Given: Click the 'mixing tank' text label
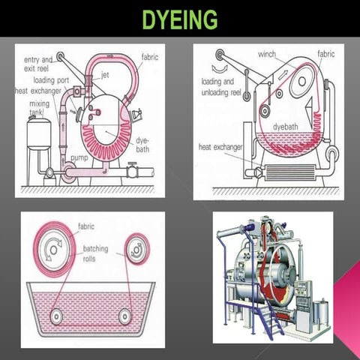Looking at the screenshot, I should [x=39, y=108].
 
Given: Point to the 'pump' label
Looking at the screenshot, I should [x=79, y=158].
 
